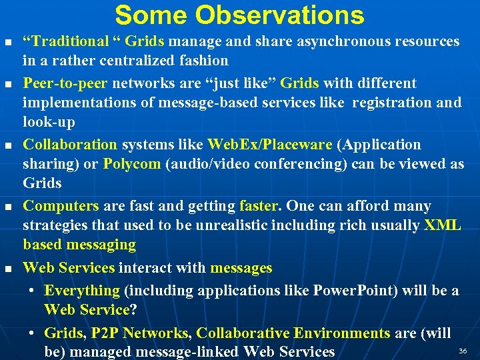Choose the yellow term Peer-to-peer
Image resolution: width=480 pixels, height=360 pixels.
click(66, 83)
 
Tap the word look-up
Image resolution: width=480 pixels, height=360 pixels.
click(49, 122)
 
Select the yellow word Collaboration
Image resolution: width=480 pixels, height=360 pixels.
click(70, 145)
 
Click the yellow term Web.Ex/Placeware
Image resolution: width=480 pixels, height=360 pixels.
click(269, 145)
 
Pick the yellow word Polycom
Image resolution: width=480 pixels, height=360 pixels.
click(132, 164)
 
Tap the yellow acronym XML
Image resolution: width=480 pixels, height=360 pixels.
click(442, 225)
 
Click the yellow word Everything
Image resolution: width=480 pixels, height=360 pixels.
click(82, 291)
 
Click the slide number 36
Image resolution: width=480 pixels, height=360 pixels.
click(463, 351)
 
